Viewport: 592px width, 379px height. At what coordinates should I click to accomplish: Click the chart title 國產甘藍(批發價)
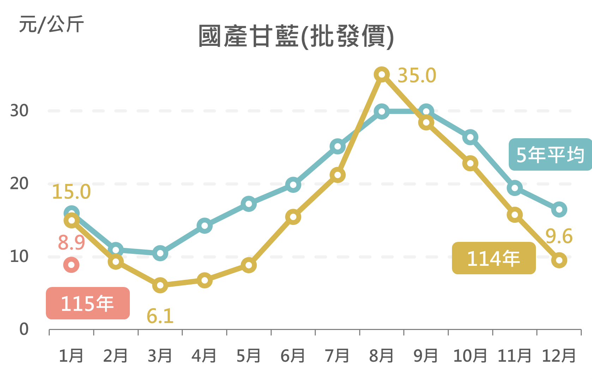(x=296, y=36)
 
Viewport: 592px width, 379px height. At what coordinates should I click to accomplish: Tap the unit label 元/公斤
(x=51, y=24)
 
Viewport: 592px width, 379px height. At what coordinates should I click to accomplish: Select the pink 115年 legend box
(x=88, y=303)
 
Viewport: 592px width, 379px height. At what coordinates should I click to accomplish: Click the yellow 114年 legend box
(x=494, y=258)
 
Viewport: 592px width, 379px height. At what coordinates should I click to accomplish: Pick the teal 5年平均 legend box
(x=550, y=154)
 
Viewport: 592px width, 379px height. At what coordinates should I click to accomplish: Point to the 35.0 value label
(x=417, y=75)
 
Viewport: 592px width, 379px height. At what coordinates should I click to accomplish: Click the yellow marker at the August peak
(x=382, y=75)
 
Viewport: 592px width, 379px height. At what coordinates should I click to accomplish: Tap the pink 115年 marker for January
(x=71, y=265)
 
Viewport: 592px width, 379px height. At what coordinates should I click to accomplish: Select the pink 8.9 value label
(x=72, y=243)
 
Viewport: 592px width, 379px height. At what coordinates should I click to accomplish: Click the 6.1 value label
(x=160, y=316)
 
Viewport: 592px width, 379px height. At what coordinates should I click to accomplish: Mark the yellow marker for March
(x=160, y=285)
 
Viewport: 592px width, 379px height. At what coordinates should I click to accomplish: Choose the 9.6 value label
(x=559, y=236)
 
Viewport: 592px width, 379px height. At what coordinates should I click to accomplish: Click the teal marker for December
(x=559, y=210)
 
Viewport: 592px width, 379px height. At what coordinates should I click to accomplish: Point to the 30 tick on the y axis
(x=19, y=111)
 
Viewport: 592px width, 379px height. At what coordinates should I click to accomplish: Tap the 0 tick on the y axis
(x=24, y=329)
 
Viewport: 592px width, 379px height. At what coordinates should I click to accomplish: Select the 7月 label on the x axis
(x=337, y=355)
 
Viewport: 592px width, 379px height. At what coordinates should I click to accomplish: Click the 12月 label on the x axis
(x=559, y=355)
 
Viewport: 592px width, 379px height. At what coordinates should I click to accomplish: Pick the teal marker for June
(x=293, y=185)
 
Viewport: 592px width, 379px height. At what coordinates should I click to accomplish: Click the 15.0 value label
(x=71, y=192)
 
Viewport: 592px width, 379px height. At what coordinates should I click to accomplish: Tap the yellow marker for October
(x=470, y=163)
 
